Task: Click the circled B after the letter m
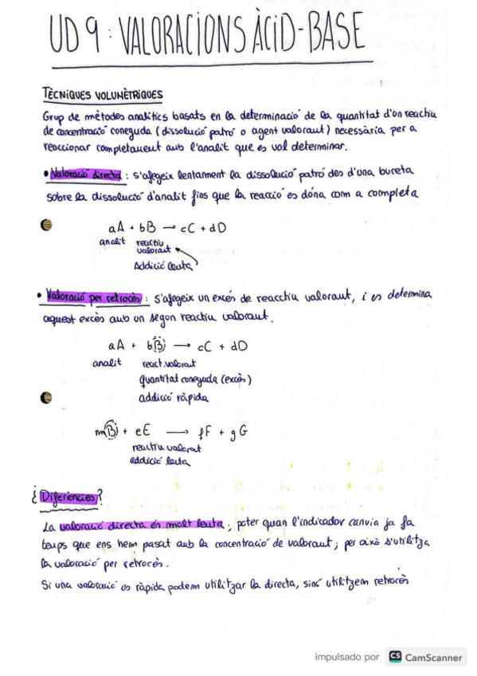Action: point(111,433)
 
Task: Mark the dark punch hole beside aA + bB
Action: point(47,226)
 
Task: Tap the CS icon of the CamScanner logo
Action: point(394,657)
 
